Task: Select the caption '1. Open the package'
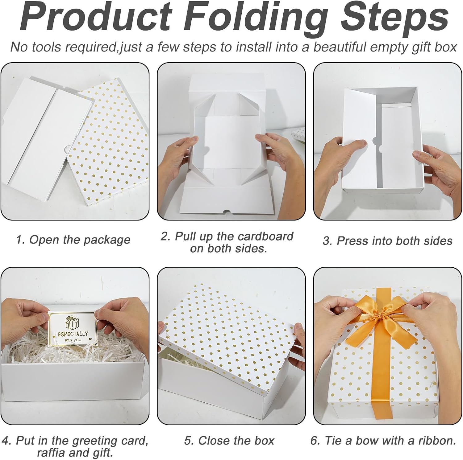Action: (x=73, y=240)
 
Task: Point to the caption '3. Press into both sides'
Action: (x=388, y=241)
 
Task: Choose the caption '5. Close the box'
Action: (x=229, y=441)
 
